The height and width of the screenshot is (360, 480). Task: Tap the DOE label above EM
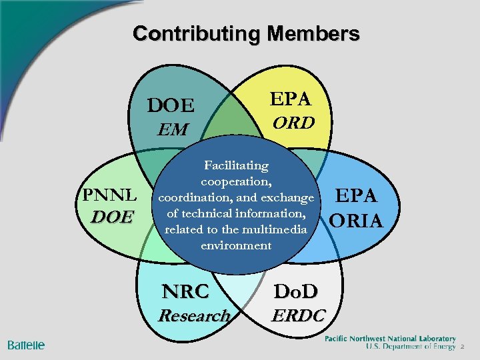pos(171,106)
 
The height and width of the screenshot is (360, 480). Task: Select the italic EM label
pos(173,129)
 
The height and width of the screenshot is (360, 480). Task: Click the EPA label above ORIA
pos(357,195)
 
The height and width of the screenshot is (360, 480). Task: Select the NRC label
pos(186,291)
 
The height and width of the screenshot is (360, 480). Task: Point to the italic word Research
pos(194,315)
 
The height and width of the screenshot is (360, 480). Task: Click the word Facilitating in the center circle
pos(236,165)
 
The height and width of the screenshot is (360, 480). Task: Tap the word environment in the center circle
pos(236,245)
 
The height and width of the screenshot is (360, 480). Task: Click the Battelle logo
pos(26,345)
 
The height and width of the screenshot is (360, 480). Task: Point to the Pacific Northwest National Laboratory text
pos(390,339)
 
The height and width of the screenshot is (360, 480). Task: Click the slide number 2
pos(461,347)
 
